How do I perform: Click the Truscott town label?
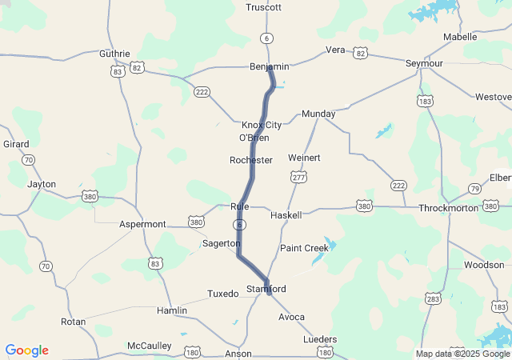pyautogui.click(x=264, y=7)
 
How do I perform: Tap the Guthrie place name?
pyautogui.click(x=114, y=54)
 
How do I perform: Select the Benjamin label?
pyautogui.click(x=269, y=66)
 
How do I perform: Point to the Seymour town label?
pyautogui.click(x=424, y=62)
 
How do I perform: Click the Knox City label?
pyautogui.click(x=262, y=125)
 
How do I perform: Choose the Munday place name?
pyautogui.click(x=318, y=114)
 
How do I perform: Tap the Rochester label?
pyautogui.click(x=251, y=160)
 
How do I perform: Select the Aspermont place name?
pyautogui.click(x=142, y=224)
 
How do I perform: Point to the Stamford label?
pyautogui.click(x=266, y=288)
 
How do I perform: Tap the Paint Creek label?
pyautogui.click(x=304, y=248)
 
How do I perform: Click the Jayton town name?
pyautogui.click(x=42, y=184)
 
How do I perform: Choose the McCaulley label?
pyautogui.click(x=150, y=346)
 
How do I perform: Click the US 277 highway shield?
pyautogui.click(x=298, y=176)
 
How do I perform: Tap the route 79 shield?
pyautogui.click(x=474, y=189)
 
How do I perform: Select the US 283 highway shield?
pyautogui.click(x=433, y=298)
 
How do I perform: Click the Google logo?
pyautogui.click(x=26, y=350)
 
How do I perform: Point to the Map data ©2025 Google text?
pyautogui.click(x=462, y=354)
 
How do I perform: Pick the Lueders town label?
pyautogui.click(x=321, y=339)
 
